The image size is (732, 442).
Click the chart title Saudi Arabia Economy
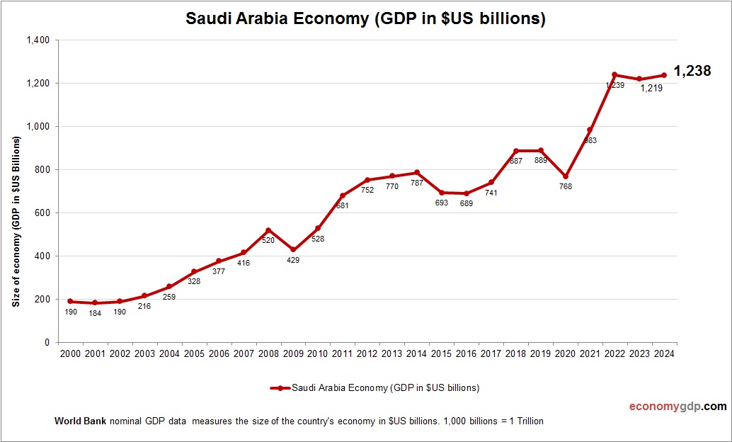coord(365,19)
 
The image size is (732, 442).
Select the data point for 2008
coord(268,230)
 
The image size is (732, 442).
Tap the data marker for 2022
coord(614,74)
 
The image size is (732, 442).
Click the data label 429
coord(293,260)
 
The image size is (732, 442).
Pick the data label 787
coord(417,183)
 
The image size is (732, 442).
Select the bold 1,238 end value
coord(692,71)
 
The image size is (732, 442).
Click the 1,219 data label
coord(652,89)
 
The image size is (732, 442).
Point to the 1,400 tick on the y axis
coord(37,40)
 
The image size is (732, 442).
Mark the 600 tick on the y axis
coord(42,213)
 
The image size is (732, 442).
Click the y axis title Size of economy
coord(16,222)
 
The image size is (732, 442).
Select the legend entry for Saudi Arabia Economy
coord(375,387)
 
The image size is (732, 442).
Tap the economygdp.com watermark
coord(677,407)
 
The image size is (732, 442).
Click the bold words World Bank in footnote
coord(80,421)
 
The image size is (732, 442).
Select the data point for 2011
coord(343,195)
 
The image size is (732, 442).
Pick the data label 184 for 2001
coord(95,313)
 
